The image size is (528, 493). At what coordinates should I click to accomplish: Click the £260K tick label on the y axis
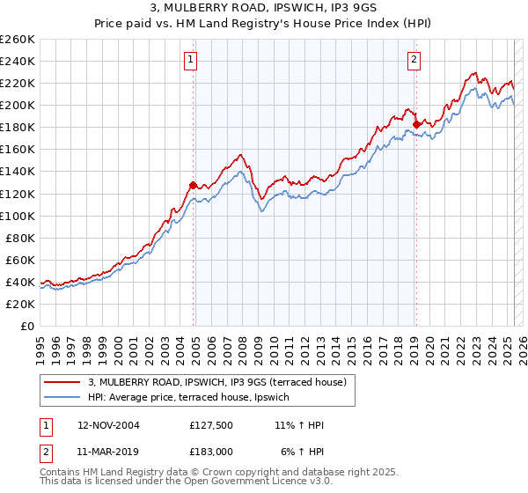18,40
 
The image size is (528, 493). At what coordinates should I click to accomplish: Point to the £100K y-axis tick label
18,216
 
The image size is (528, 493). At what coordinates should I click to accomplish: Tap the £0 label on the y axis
27,326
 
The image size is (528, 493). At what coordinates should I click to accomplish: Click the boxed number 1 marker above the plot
190,60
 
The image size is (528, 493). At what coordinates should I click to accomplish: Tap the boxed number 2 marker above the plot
414,60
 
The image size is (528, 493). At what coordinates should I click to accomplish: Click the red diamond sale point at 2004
193,185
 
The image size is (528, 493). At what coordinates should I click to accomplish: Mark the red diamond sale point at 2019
416,124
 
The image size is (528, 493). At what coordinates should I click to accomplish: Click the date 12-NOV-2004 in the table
108,425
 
